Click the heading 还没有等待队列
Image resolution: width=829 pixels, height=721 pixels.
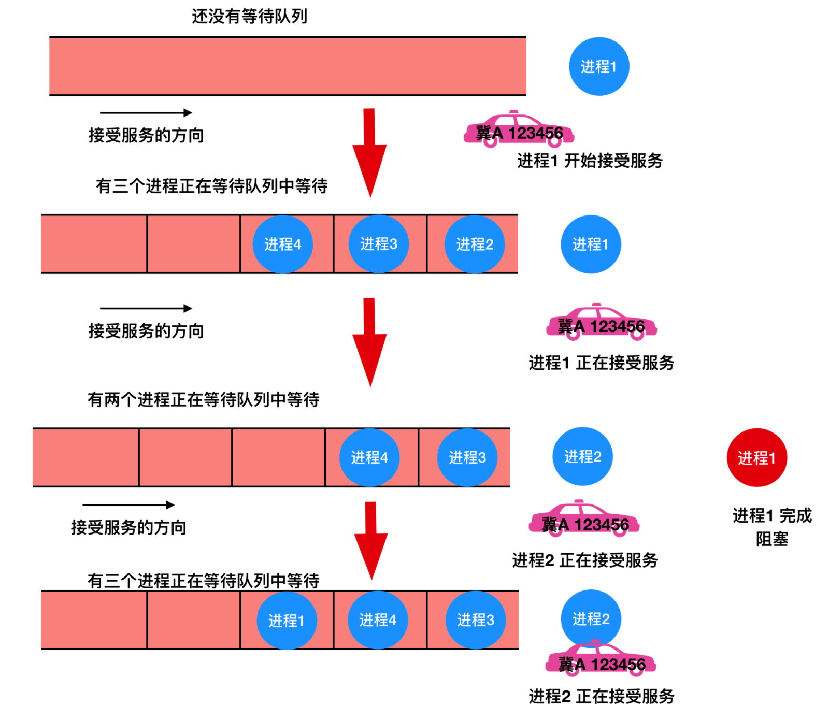click(249, 17)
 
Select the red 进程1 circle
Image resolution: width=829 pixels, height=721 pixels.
click(756, 457)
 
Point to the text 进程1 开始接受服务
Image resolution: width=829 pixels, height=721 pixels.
click(590, 161)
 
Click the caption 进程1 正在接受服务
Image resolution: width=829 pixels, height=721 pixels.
click(602, 363)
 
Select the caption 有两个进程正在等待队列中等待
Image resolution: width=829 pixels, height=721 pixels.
click(204, 399)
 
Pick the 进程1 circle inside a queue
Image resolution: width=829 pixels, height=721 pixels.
click(287, 620)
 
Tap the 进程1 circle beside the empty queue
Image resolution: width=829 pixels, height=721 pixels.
click(599, 66)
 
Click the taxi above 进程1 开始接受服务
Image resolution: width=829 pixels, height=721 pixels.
click(519, 129)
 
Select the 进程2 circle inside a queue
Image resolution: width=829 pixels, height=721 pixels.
click(475, 244)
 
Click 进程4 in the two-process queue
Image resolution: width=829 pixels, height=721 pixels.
click(369, 457)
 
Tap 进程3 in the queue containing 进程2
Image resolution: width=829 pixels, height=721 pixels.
click(379, 244)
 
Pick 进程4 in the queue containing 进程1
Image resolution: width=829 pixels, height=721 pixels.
click(378, 620)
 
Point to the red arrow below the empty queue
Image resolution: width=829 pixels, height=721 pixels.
click(369, 153)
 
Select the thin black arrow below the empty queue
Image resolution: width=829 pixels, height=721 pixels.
click(146, 112)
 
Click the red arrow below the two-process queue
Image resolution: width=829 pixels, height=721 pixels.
click(371, 540)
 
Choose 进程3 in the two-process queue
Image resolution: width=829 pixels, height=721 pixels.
click(467, 457)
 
